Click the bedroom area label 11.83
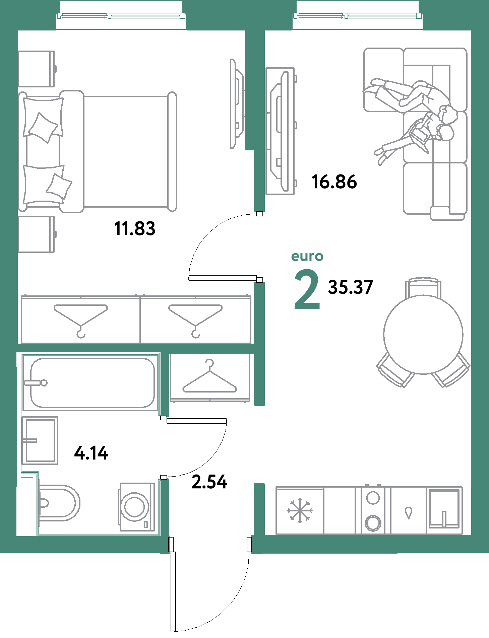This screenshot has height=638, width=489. [135, 229]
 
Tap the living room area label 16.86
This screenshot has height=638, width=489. [334, 182]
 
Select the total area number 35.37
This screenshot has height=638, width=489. [350, 287]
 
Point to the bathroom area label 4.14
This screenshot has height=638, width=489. [91, 453]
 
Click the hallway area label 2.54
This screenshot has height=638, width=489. [209, 482]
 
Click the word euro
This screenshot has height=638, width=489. [307, 257]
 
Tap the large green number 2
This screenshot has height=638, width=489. [307, 289]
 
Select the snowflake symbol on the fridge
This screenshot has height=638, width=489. [299, 510]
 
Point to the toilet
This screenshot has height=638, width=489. [59, 503]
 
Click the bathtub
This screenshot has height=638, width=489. [90, 383]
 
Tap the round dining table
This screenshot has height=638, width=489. [423, 334]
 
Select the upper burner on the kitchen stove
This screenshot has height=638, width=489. [373, 497]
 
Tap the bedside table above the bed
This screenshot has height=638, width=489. [36, 69]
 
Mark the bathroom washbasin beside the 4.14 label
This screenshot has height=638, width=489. [40, 440]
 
